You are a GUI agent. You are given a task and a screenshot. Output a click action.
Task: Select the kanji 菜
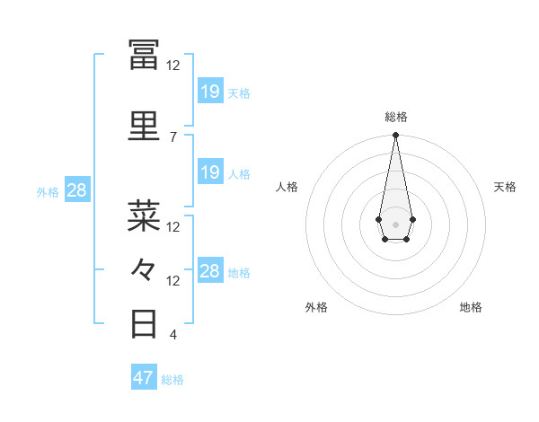(x=144, y=216)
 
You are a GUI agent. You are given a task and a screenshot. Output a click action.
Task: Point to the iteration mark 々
(x=144, y=268)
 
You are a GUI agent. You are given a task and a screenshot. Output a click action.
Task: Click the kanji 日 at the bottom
(x=144, y=322)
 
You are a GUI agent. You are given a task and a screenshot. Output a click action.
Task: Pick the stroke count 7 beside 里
(x=172, y=136)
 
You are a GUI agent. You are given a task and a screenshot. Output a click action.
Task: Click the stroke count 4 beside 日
(x=172, y=335)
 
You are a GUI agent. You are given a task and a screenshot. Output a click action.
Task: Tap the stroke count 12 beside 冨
(x=172, y=65)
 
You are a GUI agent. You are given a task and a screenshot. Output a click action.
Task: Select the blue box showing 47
(x=144, y=378)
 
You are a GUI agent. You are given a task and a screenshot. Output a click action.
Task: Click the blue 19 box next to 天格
(x=210, y=91)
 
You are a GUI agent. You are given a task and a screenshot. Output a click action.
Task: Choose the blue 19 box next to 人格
(x=210, y=172)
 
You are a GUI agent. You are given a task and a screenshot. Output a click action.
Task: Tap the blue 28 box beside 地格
(x=210, y=271)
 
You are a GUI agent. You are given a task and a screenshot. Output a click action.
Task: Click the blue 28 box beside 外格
(x=76, y=190)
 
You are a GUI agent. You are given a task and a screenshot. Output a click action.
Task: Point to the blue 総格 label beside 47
(x=172, y=380)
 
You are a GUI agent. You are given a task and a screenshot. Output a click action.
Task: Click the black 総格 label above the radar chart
(x=395, y=117)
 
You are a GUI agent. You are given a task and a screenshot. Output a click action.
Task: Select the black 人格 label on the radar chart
(x=287, y=187)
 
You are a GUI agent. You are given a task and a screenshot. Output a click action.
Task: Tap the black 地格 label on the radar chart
(x=471, y=307)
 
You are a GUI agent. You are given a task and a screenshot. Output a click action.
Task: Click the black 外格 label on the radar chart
(x=316, y=307)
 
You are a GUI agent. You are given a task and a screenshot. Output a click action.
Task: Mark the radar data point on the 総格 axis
(x=395, y=136)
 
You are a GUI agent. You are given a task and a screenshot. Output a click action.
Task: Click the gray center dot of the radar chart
(x=395, y=223)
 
